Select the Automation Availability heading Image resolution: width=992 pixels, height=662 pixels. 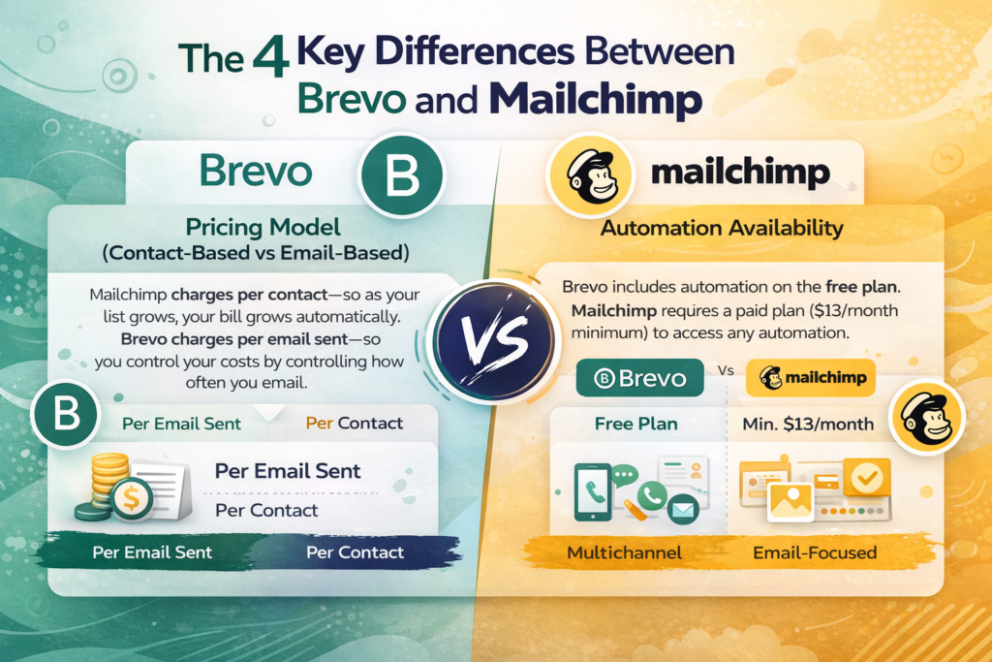coord(721,230)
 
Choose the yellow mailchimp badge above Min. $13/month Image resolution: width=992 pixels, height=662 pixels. coord(810,378)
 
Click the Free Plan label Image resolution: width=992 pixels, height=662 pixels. coord(635,424)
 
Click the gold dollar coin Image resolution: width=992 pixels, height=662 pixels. coord(129,498)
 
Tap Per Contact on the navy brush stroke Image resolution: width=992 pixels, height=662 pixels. coord(355,552)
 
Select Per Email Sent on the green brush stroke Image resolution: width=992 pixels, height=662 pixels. coord(152,552)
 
